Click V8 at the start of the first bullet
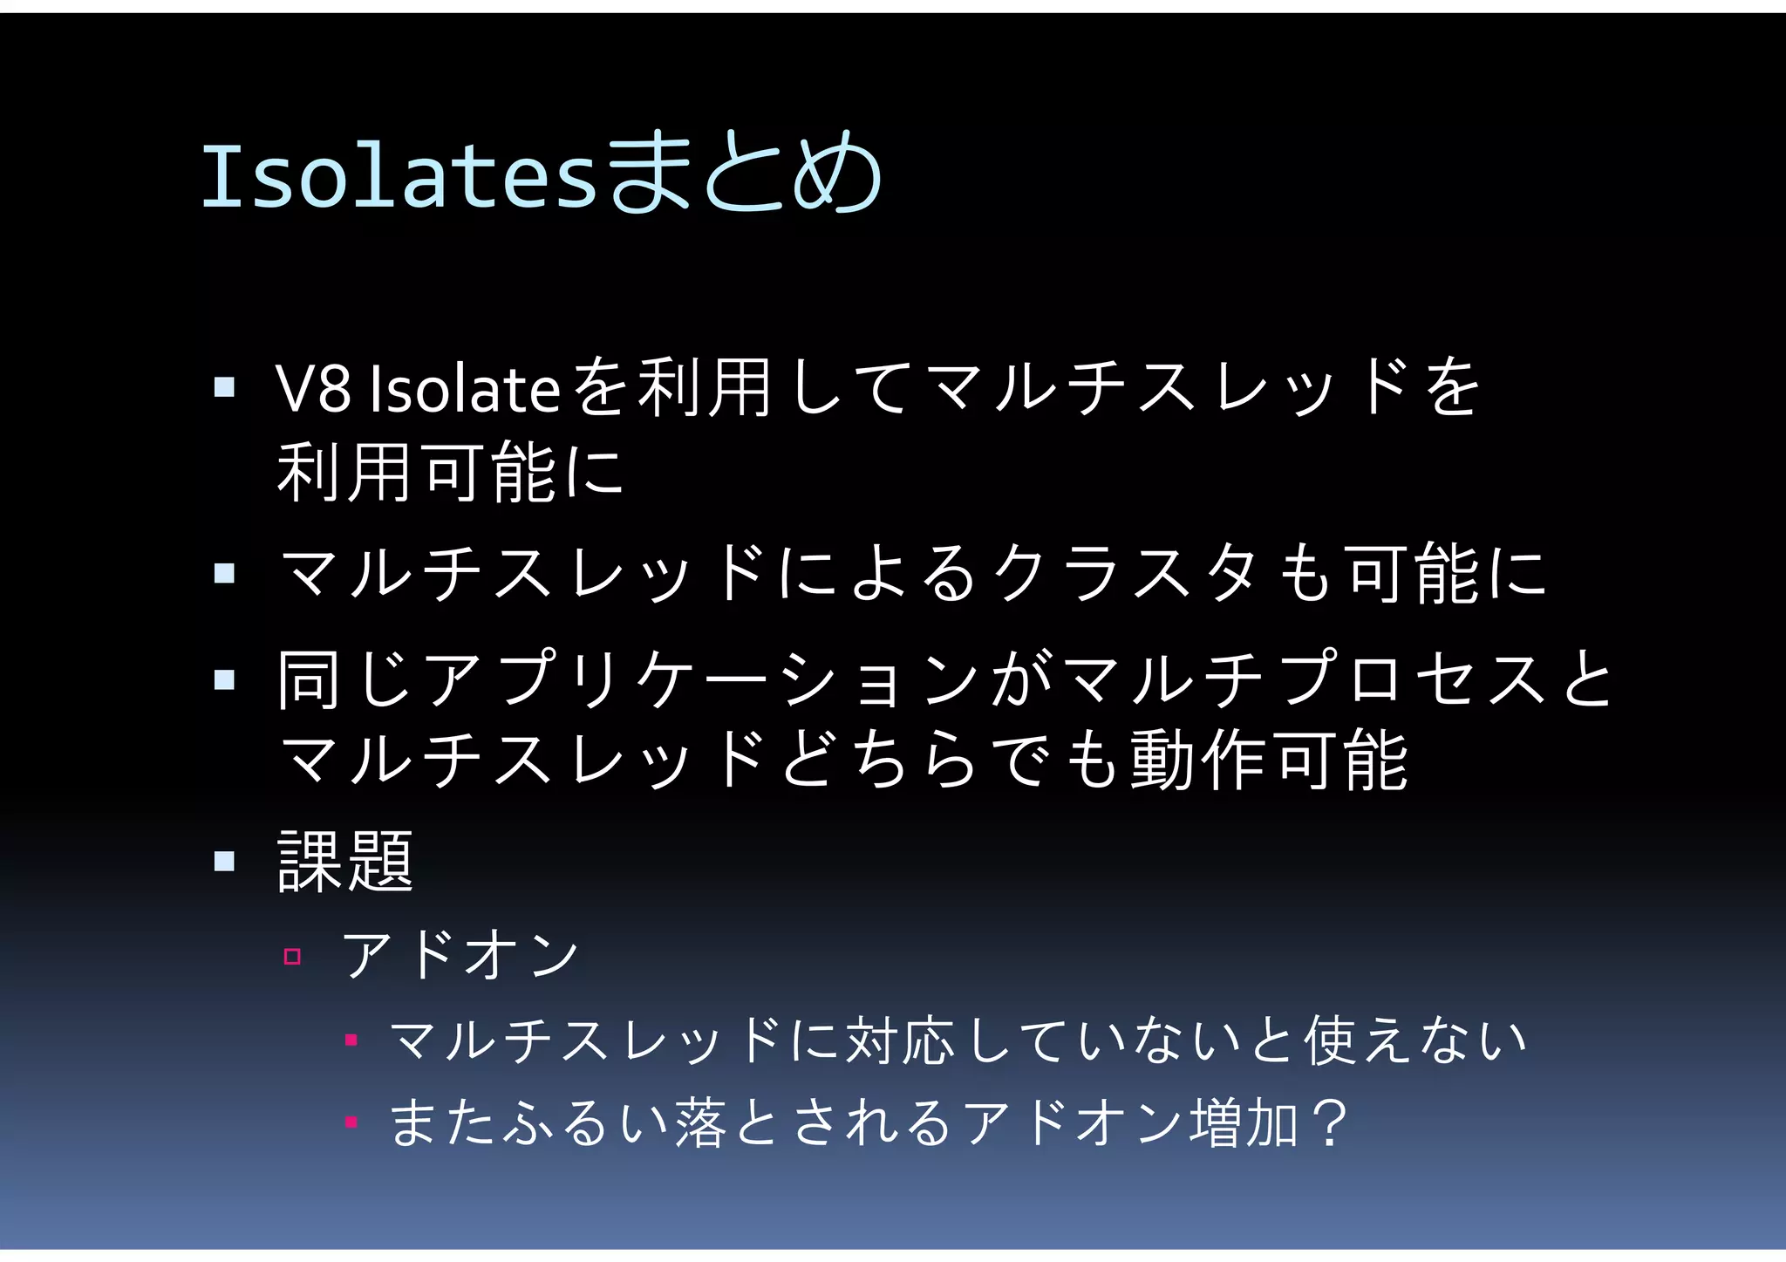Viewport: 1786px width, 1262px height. tap(313, 389)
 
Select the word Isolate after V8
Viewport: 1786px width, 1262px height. tap(464, 389)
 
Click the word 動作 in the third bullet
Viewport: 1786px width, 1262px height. tap(1199, 761)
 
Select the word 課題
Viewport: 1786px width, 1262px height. tap(345, 862)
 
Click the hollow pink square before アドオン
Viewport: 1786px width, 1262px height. tap(292, 957)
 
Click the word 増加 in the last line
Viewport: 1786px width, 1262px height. tap(1244, 1123)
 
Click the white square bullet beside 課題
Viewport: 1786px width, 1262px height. tap(224, 862)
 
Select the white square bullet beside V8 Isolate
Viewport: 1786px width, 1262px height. tap(224, 386)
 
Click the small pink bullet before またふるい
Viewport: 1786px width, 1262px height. tap(351, 1122)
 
